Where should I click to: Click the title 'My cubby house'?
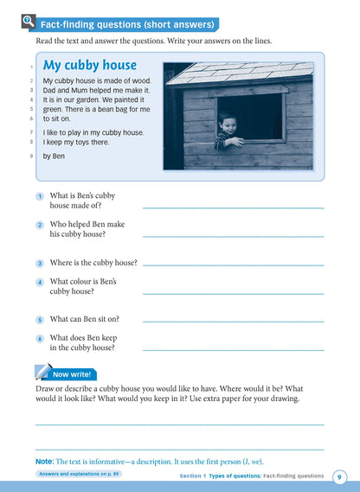90,65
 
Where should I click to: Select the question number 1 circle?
40,197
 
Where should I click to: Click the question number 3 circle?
40,263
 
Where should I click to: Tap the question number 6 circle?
40,339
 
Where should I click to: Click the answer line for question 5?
233,322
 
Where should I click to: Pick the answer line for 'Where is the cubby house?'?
233,265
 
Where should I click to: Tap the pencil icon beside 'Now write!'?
42,373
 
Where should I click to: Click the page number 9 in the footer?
340,476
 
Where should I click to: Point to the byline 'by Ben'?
54,157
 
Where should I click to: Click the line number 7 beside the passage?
31,132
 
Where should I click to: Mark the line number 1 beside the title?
31,67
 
